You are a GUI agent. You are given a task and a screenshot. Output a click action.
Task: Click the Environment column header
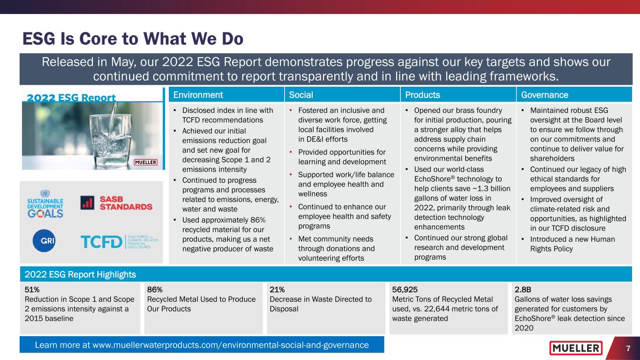(198, 95)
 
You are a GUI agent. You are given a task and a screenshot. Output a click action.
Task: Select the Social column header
(301, 95)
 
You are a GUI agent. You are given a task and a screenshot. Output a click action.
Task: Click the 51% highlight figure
(32, 289)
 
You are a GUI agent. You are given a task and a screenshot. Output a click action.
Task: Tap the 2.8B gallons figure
(523, 289)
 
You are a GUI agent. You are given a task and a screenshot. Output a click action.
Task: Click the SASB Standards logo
(116, 202)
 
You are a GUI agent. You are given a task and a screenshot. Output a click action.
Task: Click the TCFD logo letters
(101, 242)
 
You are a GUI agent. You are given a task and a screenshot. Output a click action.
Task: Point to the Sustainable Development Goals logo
(45, 204)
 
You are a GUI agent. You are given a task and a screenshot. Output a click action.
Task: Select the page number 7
(627, 348)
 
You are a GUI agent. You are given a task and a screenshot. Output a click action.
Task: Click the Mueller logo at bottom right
(576, 348)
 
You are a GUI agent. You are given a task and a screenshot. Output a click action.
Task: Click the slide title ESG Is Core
(133, 39)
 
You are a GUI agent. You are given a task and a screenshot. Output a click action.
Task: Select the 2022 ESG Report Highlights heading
(80, 274)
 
